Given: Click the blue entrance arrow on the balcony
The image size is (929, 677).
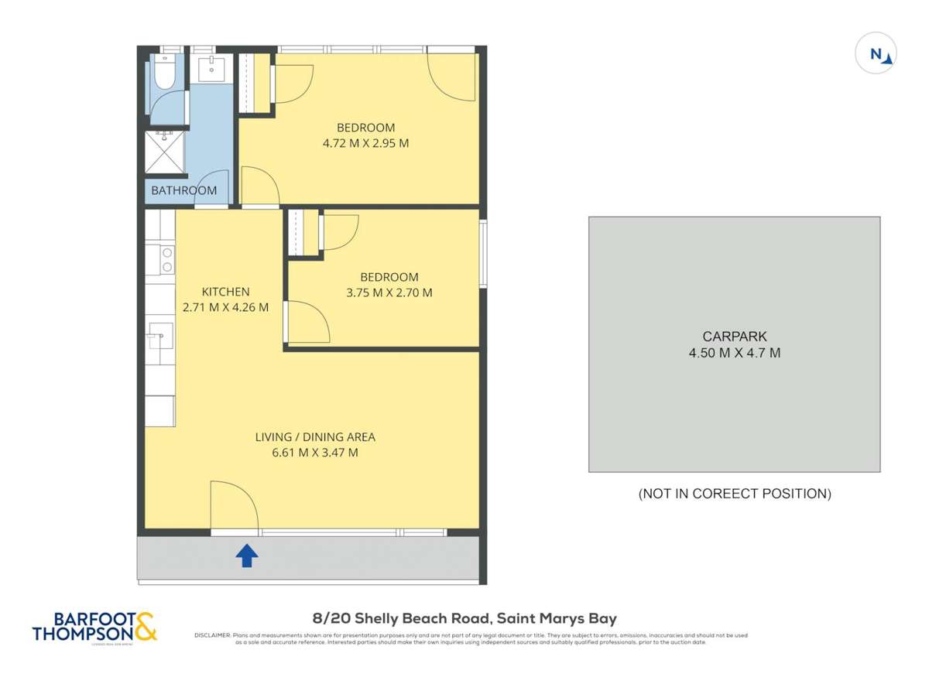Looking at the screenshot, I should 246,556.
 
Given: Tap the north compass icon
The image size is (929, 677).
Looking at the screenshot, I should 876,54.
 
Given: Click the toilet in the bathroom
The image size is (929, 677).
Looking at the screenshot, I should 164,73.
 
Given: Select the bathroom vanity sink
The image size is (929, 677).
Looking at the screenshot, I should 211,69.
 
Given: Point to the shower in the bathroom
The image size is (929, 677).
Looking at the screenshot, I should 164,154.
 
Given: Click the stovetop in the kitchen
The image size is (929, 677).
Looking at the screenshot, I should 166,259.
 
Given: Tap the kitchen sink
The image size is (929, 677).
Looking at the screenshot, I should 161,337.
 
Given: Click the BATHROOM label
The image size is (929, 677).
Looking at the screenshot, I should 183,190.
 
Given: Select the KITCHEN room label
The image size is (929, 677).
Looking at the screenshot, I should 225,292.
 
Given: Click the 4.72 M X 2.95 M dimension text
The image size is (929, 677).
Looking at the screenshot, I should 365,143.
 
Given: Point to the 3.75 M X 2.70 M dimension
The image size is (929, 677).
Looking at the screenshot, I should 389,292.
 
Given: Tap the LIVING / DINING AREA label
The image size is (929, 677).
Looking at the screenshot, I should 315,437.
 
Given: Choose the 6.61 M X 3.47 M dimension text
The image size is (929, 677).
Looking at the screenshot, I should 315,453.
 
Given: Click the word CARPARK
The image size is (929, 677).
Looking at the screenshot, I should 734,337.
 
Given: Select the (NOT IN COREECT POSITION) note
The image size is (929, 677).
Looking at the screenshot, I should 734,494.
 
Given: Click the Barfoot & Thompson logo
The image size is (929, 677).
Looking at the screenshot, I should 94,626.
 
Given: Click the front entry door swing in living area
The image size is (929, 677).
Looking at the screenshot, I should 234,507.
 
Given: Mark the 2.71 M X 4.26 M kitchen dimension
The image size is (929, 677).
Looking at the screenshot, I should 225,307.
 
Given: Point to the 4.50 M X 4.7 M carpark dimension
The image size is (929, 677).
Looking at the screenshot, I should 734,353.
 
